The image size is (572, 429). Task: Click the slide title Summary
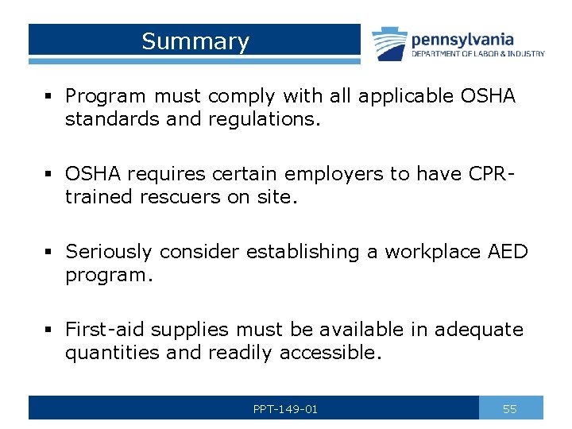tap(195, 41)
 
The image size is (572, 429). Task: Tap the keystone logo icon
tap(389, 43)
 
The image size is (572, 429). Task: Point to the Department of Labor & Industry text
tap(477, 54)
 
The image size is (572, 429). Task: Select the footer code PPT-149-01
tap(285, 409)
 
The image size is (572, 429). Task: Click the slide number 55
tap(510, 409)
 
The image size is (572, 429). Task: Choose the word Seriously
tap(109, 252)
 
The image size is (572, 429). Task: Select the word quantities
tap(112, 351)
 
